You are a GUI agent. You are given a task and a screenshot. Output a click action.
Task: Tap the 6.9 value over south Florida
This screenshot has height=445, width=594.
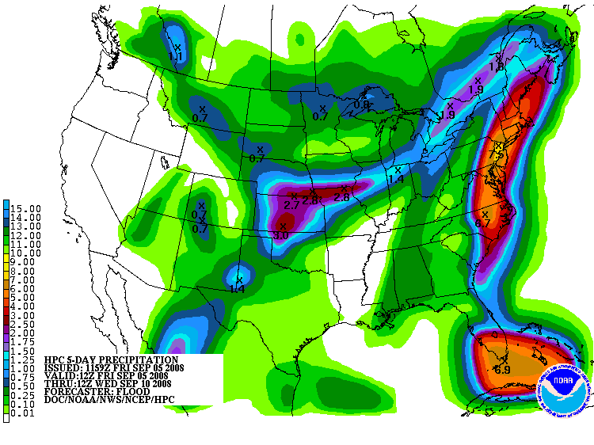(502, 370)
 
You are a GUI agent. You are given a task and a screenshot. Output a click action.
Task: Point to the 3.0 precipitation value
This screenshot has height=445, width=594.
(281, 235)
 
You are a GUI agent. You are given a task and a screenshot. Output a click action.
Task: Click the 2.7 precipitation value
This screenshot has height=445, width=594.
(291, 205)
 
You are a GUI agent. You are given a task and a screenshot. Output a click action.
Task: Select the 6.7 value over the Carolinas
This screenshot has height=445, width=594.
(483, 223)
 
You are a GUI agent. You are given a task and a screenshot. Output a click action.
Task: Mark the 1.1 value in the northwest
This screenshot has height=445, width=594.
(176, 57)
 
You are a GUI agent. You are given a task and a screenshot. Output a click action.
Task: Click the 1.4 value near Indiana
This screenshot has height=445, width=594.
(396, 180)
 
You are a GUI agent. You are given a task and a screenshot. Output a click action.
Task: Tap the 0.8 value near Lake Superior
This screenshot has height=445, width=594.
(361, 105)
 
